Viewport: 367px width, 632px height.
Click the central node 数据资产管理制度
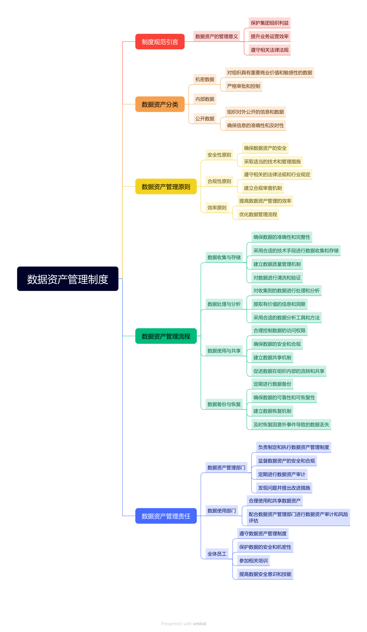pos(68,279)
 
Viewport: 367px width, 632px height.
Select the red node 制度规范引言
pos(160,42)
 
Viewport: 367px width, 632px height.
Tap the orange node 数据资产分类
pos(160,104)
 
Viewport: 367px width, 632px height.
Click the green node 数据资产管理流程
pos(166,336)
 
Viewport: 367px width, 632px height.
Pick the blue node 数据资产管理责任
pos(166,516)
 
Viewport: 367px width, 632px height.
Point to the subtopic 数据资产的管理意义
pos(216,36)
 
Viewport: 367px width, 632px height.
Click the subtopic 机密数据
pos(205,79)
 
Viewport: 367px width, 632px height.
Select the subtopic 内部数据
pos(205,99)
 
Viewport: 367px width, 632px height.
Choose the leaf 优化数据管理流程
pos(258,214)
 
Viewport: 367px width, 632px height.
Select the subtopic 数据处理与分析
pos(224,304)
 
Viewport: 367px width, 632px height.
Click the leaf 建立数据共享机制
pos(272,357)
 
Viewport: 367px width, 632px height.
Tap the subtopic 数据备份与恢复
pos(224,404)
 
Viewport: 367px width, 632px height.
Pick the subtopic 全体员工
pos(217,554)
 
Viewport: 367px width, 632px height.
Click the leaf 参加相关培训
pos(253,560)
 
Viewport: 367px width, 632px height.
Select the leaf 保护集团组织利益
pos(269,23)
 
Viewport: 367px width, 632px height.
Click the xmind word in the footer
pos(199,623)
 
